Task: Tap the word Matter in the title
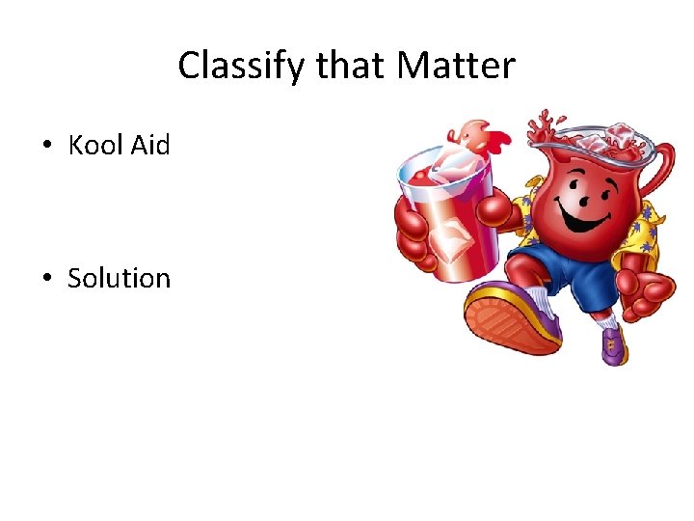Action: pyautogui.click(x=457, y=67)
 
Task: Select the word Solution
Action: pyautogui.click(x=119, y=278)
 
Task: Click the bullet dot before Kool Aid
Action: pyautogui.click(x=47, y=147)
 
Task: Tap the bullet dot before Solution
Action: pyautogui.click(x=47, y=280)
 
